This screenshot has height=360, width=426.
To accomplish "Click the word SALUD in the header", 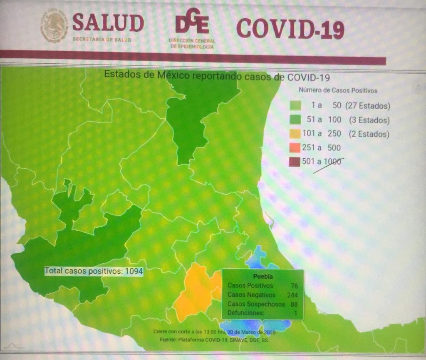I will click(108, 23).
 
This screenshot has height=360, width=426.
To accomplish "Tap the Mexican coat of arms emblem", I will click(54, 26).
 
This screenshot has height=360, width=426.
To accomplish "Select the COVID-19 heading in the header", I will click(290, 28).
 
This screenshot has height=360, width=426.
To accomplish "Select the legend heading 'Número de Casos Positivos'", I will click(338, 90).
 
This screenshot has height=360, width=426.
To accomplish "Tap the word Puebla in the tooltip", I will click(263, 276).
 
